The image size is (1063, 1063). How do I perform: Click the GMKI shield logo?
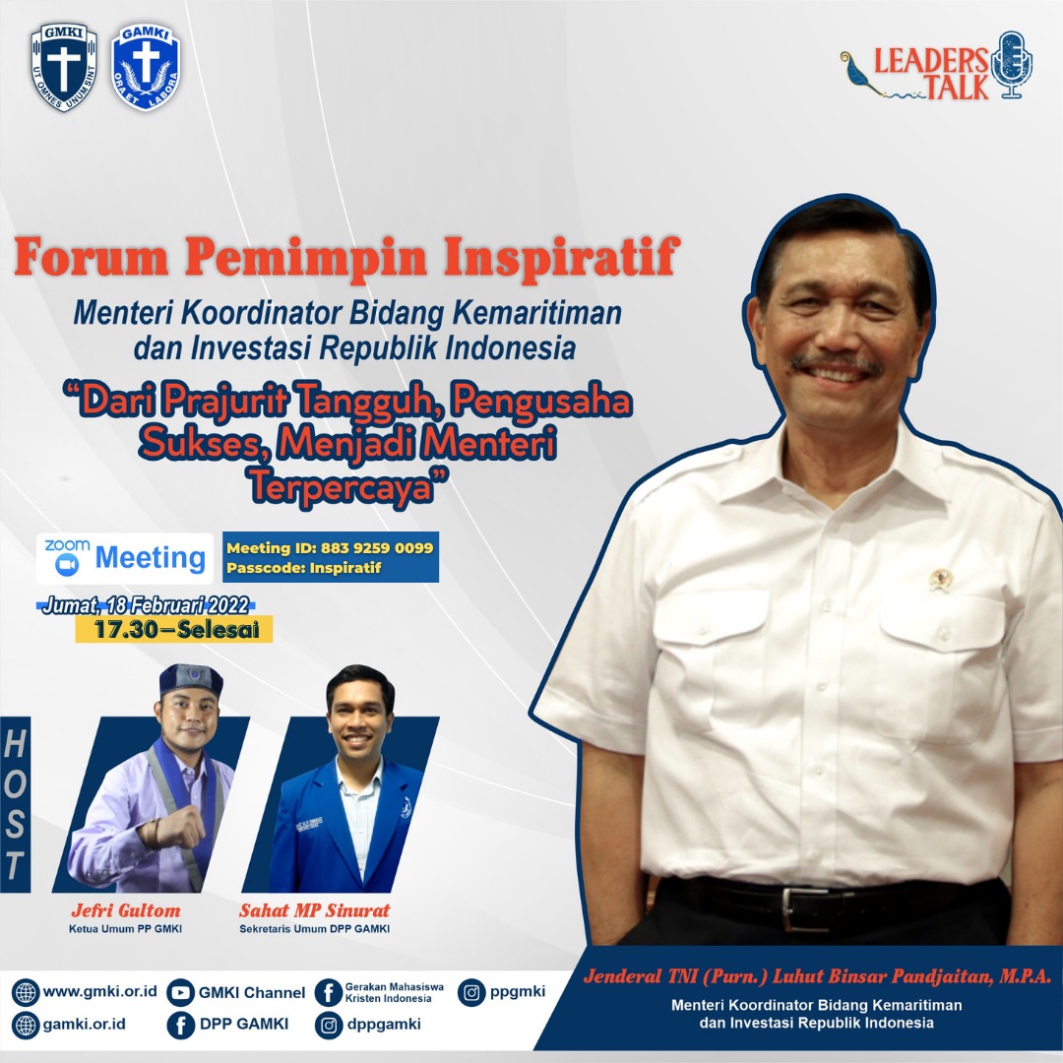(x=64, y=67)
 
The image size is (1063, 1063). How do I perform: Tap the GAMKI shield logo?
(x=146, y=67)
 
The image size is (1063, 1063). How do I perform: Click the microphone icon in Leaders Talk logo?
(x=1012, y=65)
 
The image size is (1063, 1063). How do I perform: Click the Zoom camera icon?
(x=67, y=564)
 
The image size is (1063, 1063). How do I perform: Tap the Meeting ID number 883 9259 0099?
(x=377, y=548)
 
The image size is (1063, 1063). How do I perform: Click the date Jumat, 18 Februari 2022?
(x=147, y=604)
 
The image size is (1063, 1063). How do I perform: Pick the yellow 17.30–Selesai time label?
(x=174, y=629)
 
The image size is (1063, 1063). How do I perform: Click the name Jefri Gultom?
(x=126, y=910)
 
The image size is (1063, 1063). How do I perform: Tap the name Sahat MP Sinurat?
(x=315, y=910)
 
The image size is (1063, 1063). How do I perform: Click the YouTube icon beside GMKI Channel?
(x=180, y=992)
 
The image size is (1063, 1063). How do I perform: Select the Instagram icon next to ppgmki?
(x=471, y=992)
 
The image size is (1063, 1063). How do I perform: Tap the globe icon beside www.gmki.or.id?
(x=26, y=992)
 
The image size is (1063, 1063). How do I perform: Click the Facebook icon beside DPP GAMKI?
(x=180, y=1025)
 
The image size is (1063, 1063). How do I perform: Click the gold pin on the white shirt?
(x=940, y=580)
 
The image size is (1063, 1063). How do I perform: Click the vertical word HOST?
(x=14, y=804)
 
